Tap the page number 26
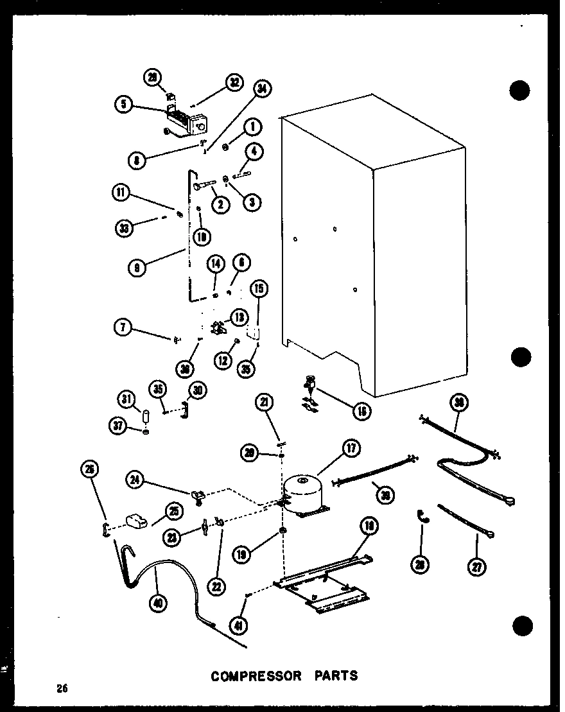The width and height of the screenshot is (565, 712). (x=62, y=689)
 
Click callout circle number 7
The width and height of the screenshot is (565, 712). (x=123, y=328)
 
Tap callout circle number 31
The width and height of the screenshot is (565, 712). (x=126, y=401)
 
